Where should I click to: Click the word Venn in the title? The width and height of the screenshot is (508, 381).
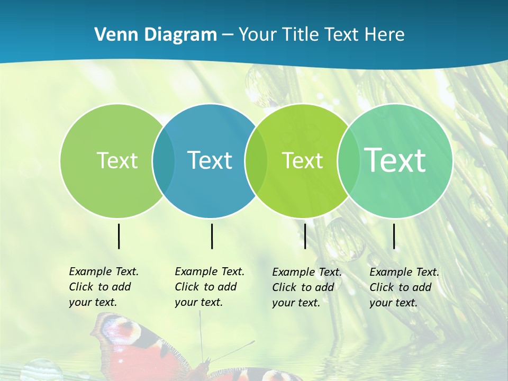[x=113, y=35]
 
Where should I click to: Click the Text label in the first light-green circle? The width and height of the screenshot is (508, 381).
[x=117, y=160]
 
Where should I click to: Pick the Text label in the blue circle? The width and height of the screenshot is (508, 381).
[x=210, y=160]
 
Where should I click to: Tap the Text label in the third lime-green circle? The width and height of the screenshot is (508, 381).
[x=302, y=160]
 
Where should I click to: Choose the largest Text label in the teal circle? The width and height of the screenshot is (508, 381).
[x=395, y=160]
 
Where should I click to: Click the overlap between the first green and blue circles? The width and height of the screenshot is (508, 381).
[x=164, y=160]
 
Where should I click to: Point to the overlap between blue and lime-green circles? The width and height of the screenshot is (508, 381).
[x=256, y=160]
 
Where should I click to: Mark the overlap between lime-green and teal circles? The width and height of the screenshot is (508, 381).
[x=348, y=160]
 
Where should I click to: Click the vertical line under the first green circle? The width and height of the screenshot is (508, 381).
[x=119, y=236]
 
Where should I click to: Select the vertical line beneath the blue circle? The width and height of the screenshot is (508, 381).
[x=212, y=236]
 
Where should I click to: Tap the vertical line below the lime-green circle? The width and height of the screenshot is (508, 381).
[x=305, y=236]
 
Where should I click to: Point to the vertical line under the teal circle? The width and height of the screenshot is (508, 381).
[x=394, y=236]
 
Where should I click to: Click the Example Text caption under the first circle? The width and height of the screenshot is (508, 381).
[x=103, y=287]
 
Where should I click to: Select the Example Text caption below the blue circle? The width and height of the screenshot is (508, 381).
[x=209, y=287]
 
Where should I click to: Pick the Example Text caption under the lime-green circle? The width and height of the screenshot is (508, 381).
[x=306, y=287]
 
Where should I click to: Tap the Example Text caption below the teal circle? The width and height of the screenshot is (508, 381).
[x=404, y=287]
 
